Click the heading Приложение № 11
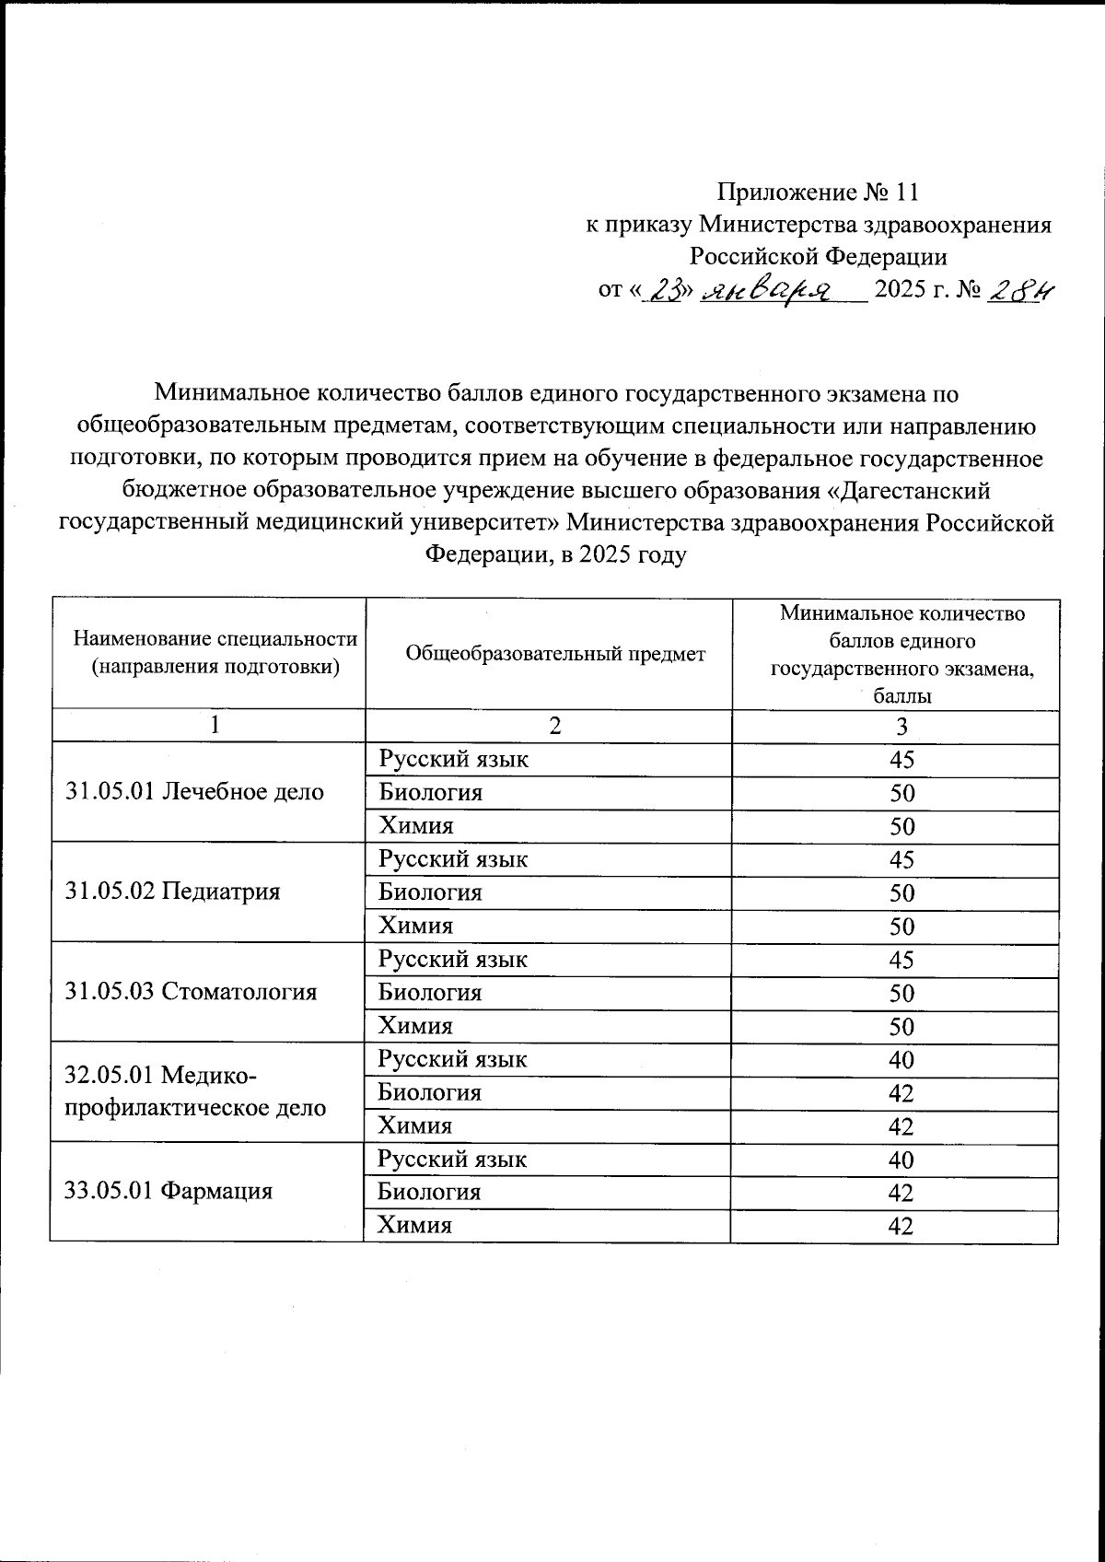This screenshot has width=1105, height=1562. coord(818,192)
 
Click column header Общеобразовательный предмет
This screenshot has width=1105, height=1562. coord(555,653)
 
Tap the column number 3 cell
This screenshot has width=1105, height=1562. coord(901,726)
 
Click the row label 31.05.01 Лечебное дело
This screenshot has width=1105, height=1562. coord(195,791)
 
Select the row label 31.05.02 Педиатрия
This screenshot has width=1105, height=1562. coord(173,891)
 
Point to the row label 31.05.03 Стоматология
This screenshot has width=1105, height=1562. coord(192,991)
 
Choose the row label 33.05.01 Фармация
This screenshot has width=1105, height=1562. coord(169,1191)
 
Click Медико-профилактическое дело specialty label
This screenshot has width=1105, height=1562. coord(195,1091)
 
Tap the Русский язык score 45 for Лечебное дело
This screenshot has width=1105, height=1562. coord(901,760)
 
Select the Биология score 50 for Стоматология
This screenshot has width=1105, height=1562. coord(901,993)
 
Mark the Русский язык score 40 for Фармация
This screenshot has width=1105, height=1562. coord(901,1160)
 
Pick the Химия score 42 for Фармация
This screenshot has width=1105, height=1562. coord(901,1226)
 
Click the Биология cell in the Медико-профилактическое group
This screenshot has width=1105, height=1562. coord(430,1092)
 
